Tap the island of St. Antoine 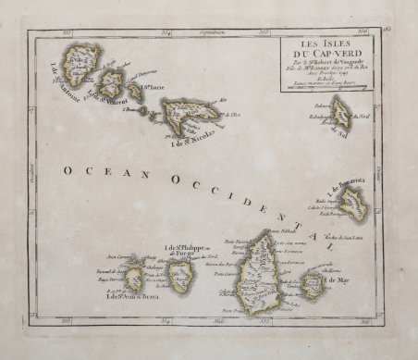tap(83, 65)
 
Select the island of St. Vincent tap(115, 83)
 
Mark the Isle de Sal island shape tap(342, 115)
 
